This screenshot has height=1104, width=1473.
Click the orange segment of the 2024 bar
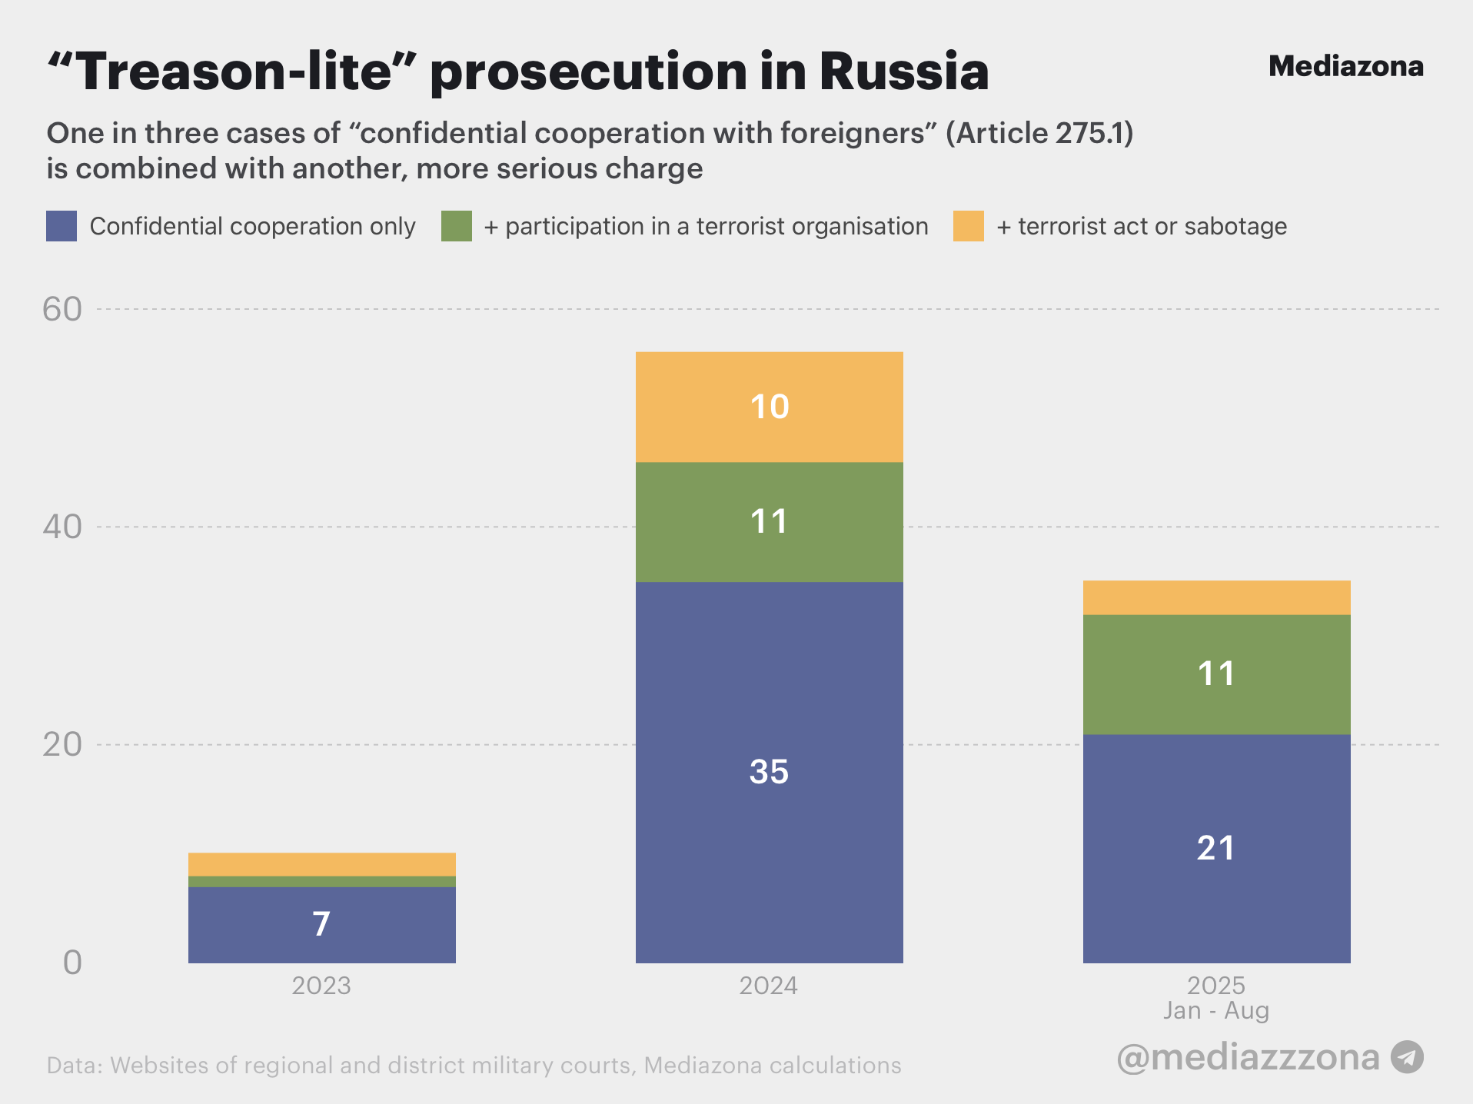769,407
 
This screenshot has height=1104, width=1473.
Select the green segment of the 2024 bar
769,522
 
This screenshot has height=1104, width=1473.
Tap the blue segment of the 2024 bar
769,772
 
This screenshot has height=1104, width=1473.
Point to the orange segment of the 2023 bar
321,864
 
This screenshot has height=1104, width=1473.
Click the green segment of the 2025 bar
1216,674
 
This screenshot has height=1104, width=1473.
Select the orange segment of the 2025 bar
1216,597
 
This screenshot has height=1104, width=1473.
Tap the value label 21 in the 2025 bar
1216,848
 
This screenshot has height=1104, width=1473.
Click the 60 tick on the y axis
62,309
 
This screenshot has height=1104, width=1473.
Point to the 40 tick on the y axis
62,527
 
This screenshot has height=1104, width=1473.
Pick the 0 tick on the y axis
72,962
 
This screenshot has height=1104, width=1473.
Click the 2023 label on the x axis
321,986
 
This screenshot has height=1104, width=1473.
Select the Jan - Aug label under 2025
1216,1010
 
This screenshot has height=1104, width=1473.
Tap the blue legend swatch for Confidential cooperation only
62,226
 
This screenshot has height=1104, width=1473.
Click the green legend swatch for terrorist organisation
457,226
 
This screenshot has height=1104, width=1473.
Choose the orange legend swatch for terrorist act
969,226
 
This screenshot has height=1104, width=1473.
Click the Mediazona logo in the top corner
1345,67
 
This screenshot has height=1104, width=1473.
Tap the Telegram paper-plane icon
1407,1057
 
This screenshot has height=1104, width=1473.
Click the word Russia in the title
904,71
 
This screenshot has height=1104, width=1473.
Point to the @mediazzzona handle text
1248,1057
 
